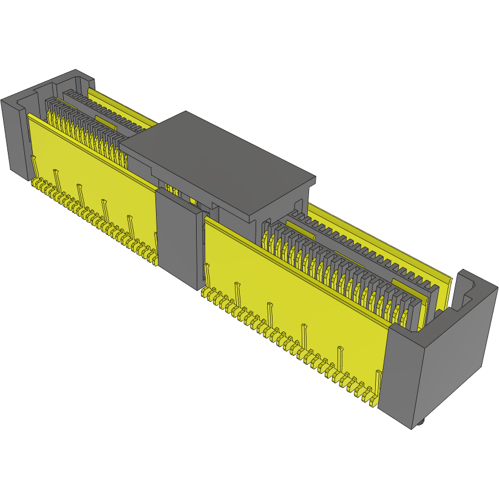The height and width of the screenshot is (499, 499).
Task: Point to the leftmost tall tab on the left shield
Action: tap(34, 164)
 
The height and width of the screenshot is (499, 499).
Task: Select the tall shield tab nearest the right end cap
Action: tap(378, 379)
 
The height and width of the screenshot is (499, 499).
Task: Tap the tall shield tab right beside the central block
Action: tap(208, 273)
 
